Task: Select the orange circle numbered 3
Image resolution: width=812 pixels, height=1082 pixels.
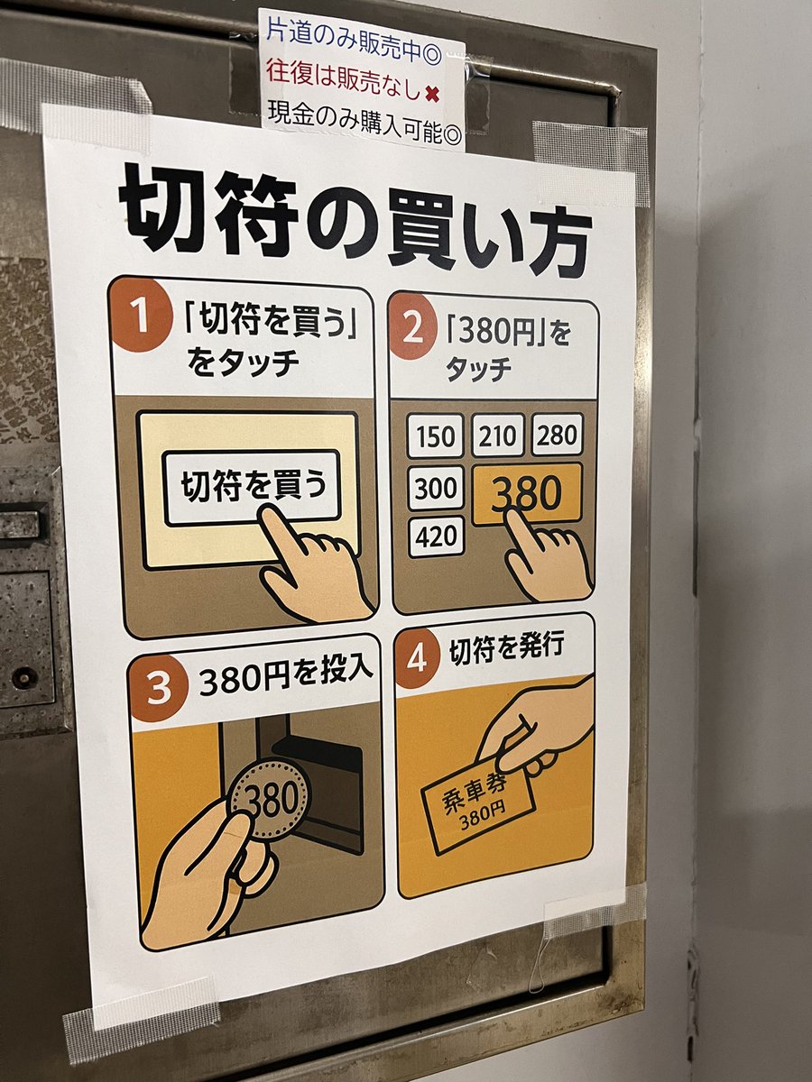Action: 158,687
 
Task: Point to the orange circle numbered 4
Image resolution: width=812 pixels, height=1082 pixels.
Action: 417,660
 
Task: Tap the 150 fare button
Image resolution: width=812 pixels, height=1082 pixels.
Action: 435,436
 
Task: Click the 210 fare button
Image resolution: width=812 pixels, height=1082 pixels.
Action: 497,435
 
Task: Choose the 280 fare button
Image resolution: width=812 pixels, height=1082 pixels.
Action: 557,435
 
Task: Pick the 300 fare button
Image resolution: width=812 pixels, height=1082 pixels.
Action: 436,488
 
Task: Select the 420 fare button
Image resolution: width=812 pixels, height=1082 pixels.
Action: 436,536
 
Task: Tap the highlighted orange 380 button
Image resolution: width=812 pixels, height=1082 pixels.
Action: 528,493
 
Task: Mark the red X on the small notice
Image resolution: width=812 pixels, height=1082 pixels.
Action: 432,93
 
